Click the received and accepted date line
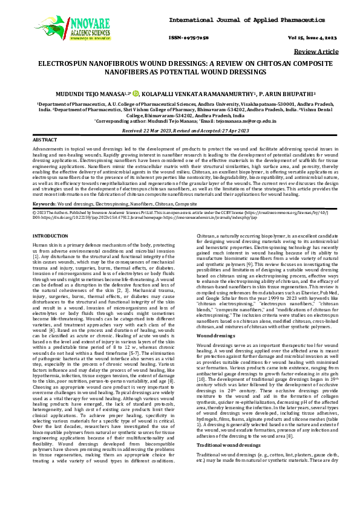(x=180, y=130)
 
